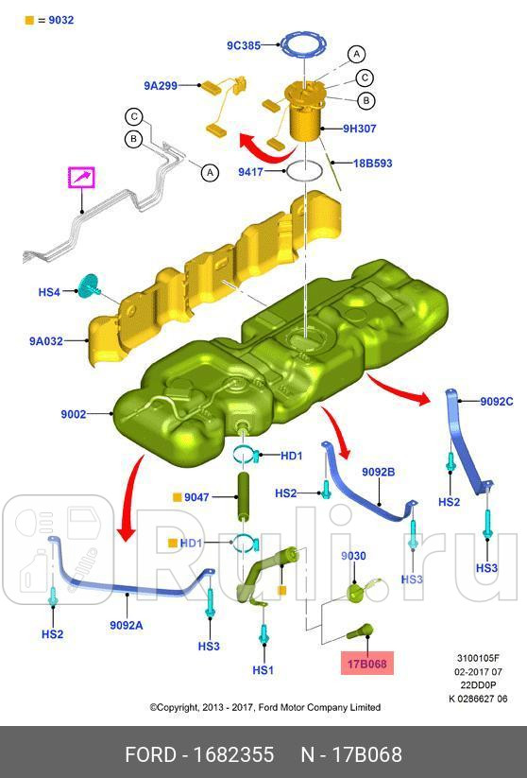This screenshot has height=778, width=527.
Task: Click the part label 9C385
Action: click(x=244, y=45)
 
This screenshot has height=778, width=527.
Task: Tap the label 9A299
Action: click(x=161, y=85)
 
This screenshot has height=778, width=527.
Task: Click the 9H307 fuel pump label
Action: click(x=360, y=129)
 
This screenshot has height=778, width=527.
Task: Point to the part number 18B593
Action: click(x=372, y=164)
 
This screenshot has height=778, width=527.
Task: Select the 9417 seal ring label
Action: click(x=250, y=172)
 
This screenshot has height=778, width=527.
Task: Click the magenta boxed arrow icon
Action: click(x=81, y=178)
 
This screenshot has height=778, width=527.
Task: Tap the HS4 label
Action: click(x=49, y=292)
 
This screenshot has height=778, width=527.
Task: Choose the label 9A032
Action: click(x=46, y=341)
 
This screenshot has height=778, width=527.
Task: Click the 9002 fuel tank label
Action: click(x=74, y=414)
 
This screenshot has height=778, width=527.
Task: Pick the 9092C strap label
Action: click(x=496, y=402)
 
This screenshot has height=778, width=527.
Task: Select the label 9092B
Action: click(x=379, y=472)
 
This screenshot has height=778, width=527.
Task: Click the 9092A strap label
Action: click(x=127, y=625)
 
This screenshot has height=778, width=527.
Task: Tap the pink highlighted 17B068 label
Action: click(x=366, y=664)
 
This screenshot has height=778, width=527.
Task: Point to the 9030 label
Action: click(x=353, y=556)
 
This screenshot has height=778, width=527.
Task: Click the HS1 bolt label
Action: click(x=263, y=670)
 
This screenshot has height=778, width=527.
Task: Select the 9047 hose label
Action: click(x=196, y=497)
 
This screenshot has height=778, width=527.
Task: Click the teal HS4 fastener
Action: click(x=89, y=285)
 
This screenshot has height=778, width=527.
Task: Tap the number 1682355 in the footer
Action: click(x=233, y=754)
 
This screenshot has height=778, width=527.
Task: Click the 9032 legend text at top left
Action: click(x=61, y=21)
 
